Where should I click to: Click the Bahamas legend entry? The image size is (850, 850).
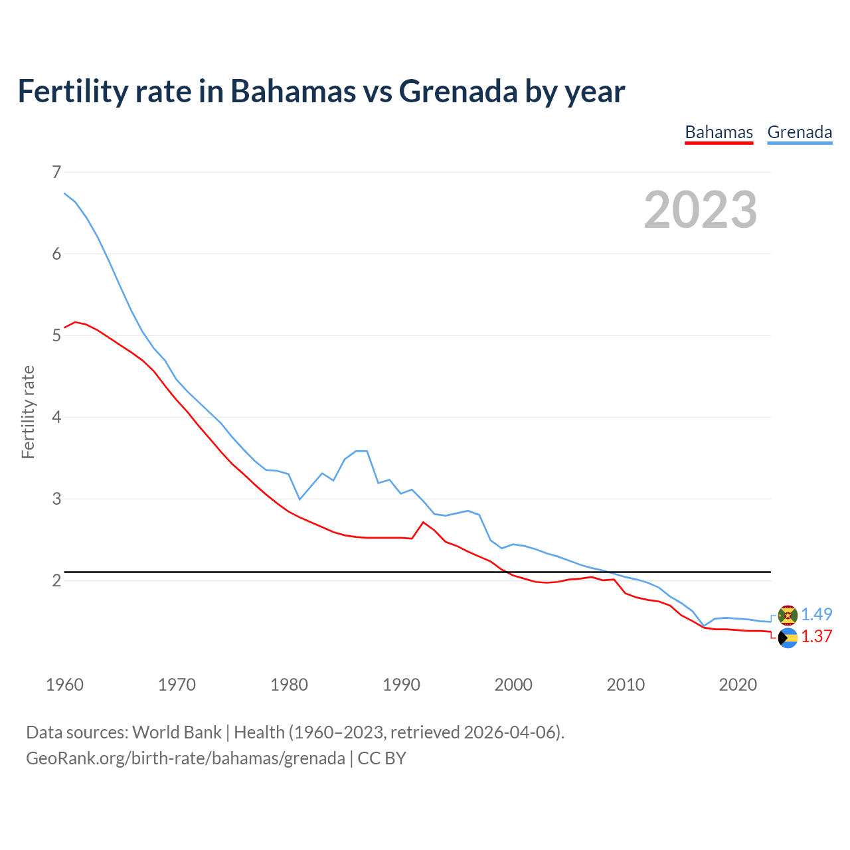click(719, 132)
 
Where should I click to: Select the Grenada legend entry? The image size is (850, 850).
click(800, 132)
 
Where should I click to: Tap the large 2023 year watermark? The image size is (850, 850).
click(701, 210)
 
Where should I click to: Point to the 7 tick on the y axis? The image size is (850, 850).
click(56, 173)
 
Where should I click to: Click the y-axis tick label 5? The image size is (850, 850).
click(56, 336)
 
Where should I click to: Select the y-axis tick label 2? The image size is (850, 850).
click(56, 581)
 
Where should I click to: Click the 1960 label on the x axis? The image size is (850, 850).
click(64, 685)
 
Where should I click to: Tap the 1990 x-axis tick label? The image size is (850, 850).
click(401, 685)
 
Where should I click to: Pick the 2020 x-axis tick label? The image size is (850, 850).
click(738, 685)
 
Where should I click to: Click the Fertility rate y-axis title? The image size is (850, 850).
click(28, 412)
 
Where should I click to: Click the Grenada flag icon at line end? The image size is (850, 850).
click(788, 616)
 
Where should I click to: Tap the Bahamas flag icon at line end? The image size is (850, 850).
click(788, 638)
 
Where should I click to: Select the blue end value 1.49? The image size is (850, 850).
click(816, 615)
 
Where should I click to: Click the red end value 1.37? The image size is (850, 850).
click(816, 637)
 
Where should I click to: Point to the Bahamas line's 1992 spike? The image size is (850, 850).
click(423, 522)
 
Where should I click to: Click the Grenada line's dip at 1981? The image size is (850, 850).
click(299, 499)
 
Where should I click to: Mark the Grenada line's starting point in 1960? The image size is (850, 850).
click(64, 193)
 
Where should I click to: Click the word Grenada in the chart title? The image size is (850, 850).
click(458, 91)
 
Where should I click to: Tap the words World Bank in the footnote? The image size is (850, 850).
click(177, 732)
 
